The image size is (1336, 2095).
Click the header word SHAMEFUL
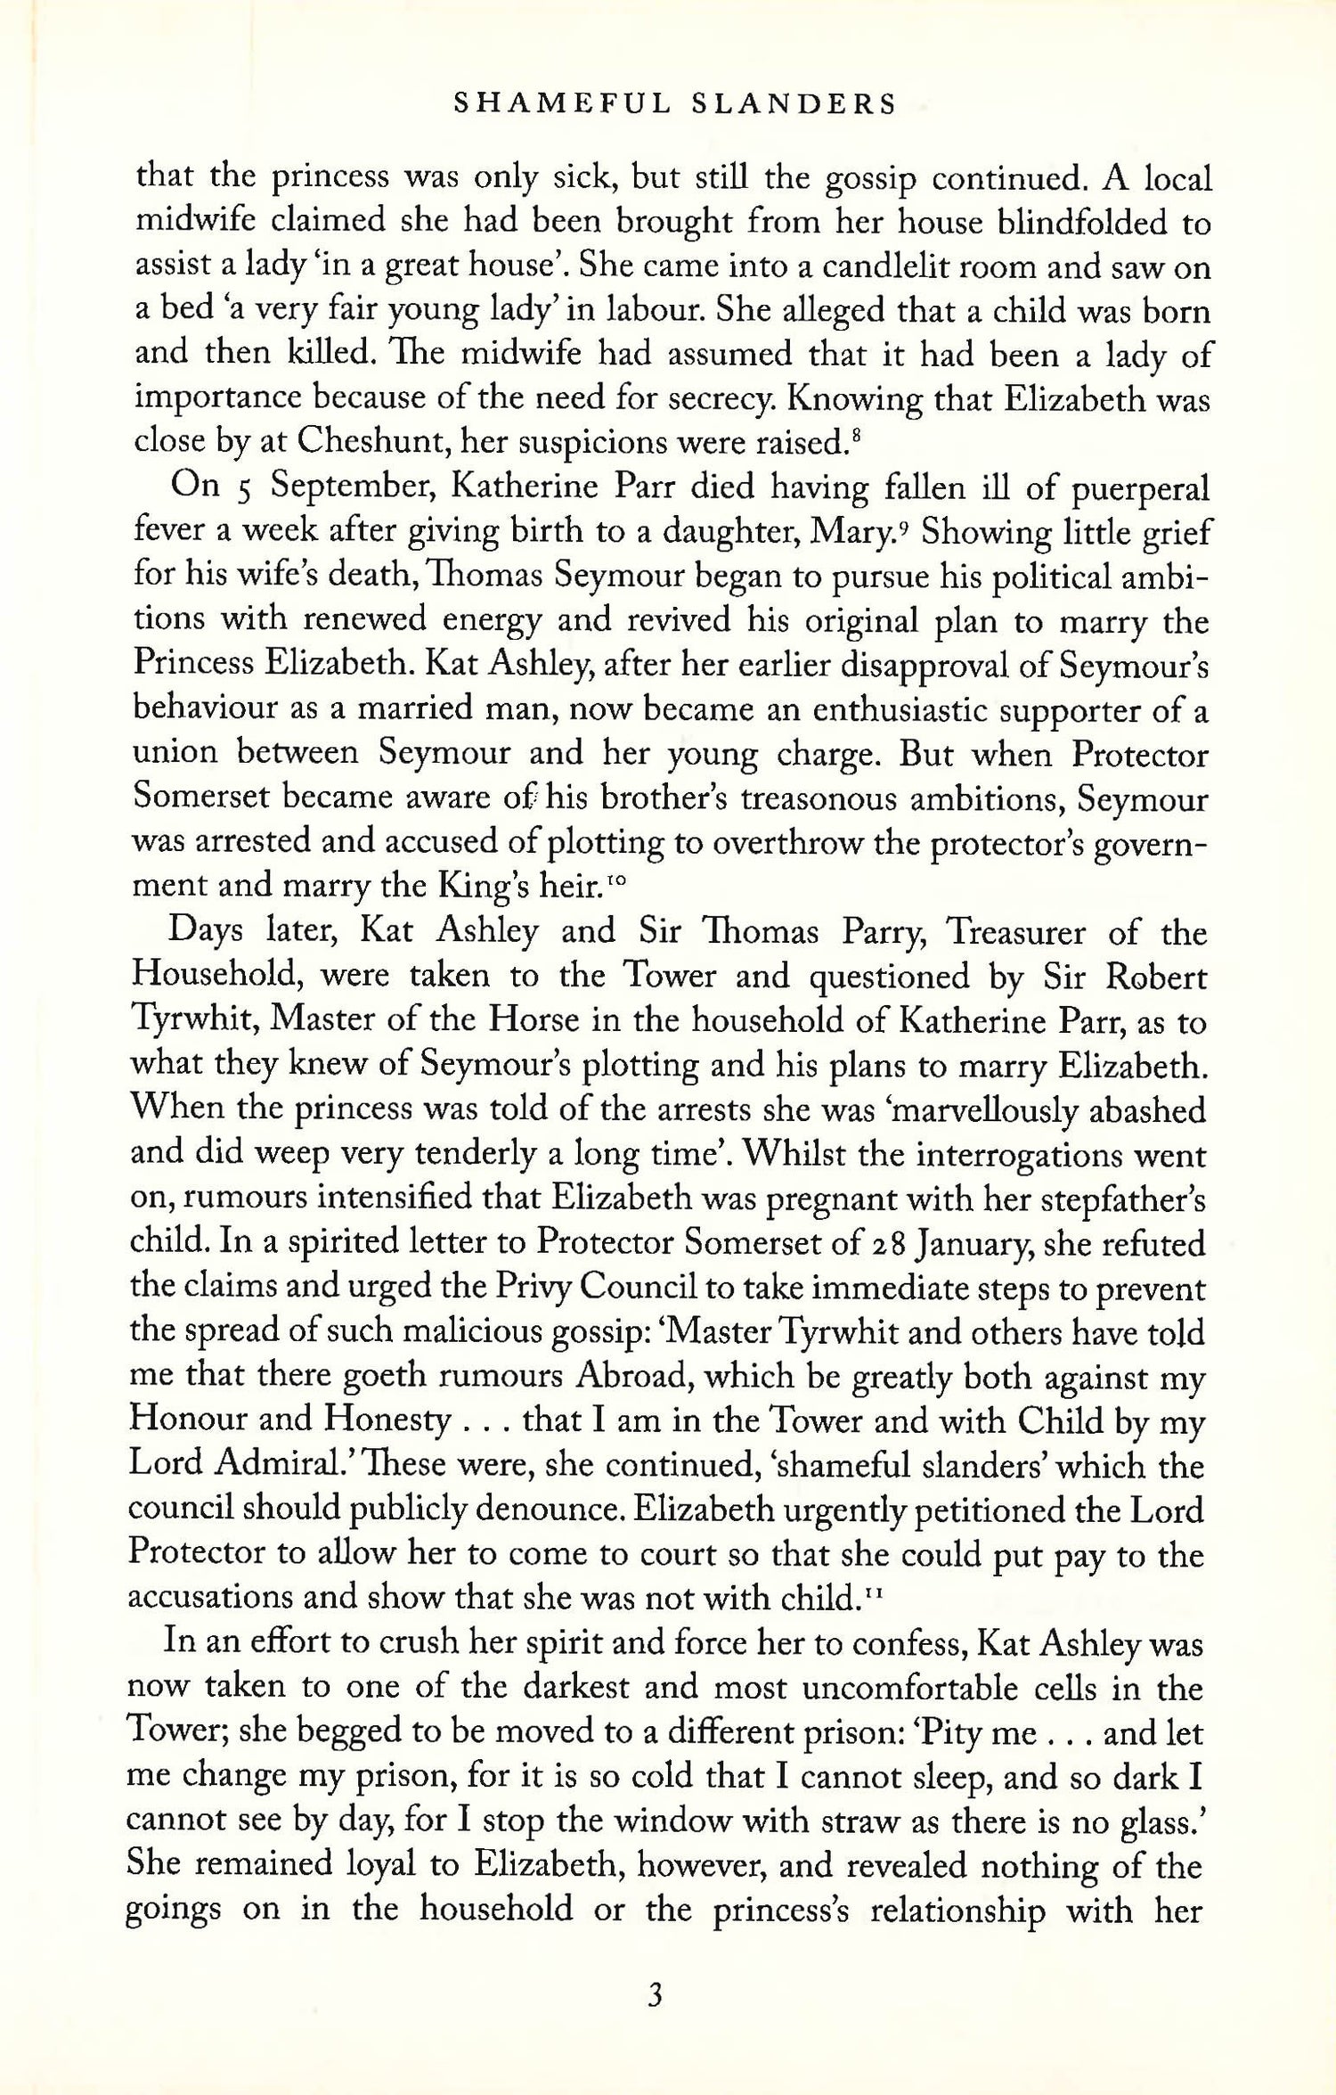tap(562, 105)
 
